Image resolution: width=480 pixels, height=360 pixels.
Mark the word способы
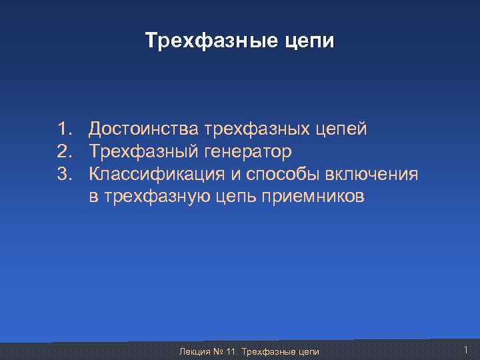pyautogui.click(x=286, y=175)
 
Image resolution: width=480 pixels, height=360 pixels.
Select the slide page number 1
pyautogui.click(x=465, y=350)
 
